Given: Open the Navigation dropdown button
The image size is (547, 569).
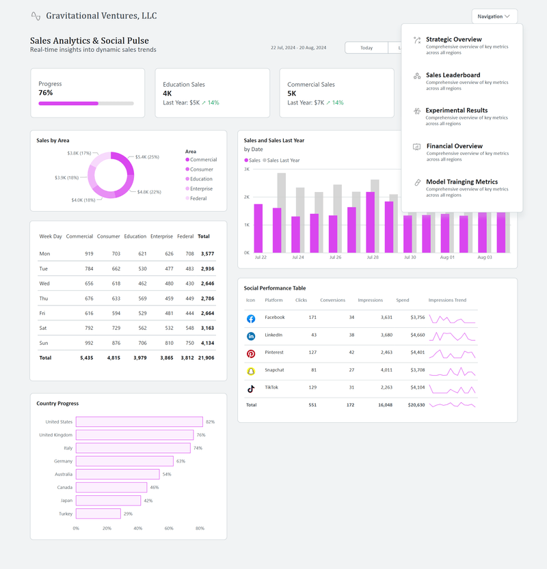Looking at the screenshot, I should [494, 16].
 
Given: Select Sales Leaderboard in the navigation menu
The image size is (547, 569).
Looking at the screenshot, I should [453, 75].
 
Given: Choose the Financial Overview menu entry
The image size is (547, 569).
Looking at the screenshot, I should [454, 146].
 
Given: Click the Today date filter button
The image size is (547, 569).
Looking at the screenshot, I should [366, 48].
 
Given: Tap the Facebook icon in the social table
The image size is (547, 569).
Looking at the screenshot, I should [251, 318].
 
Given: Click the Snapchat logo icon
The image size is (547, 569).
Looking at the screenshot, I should [251, 371].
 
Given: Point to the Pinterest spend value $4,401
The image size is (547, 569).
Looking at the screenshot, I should [416, 352].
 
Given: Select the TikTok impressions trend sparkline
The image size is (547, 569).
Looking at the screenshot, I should [452, 388].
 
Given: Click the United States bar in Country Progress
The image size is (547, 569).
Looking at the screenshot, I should [139, 422].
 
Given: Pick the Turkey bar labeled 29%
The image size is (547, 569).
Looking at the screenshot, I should [98, 514].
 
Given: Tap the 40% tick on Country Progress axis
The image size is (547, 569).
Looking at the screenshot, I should [137, 528].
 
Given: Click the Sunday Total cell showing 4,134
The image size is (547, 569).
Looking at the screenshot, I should [206, 343].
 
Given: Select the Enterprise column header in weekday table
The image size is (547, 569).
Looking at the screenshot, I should [161, 236].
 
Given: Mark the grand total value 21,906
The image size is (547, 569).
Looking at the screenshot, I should [206, 357].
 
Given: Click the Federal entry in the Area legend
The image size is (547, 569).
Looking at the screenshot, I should [198, 198].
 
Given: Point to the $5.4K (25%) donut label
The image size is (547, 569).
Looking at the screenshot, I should [147, 157].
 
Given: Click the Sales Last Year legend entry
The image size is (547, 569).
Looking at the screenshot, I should [282, 160].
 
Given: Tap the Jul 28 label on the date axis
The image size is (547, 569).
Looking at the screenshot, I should [372, 258].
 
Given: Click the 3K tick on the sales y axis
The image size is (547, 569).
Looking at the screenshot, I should [246, 169].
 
